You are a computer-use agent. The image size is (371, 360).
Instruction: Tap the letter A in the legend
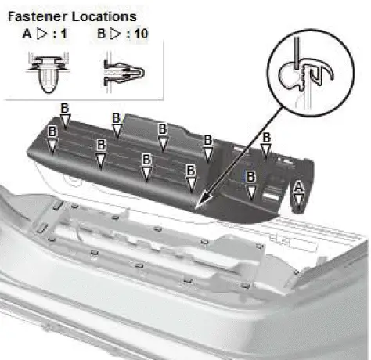coord(28,34)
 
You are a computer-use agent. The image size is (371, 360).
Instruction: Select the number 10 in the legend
coord(144,34)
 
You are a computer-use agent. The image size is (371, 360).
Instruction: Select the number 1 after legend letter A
coord(67,34)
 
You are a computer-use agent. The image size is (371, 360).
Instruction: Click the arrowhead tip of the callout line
coord(199,207)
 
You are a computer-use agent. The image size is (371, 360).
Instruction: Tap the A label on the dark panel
coord(297,185)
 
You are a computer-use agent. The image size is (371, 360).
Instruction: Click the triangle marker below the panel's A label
coord(297,198)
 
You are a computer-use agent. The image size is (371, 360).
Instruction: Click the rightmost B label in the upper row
coord(266,138)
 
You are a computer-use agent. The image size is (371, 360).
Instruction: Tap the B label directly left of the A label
coord(250,177)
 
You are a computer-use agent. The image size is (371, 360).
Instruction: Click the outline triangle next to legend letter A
coord(44,34)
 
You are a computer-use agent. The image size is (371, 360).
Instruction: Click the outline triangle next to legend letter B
coord(118,34)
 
